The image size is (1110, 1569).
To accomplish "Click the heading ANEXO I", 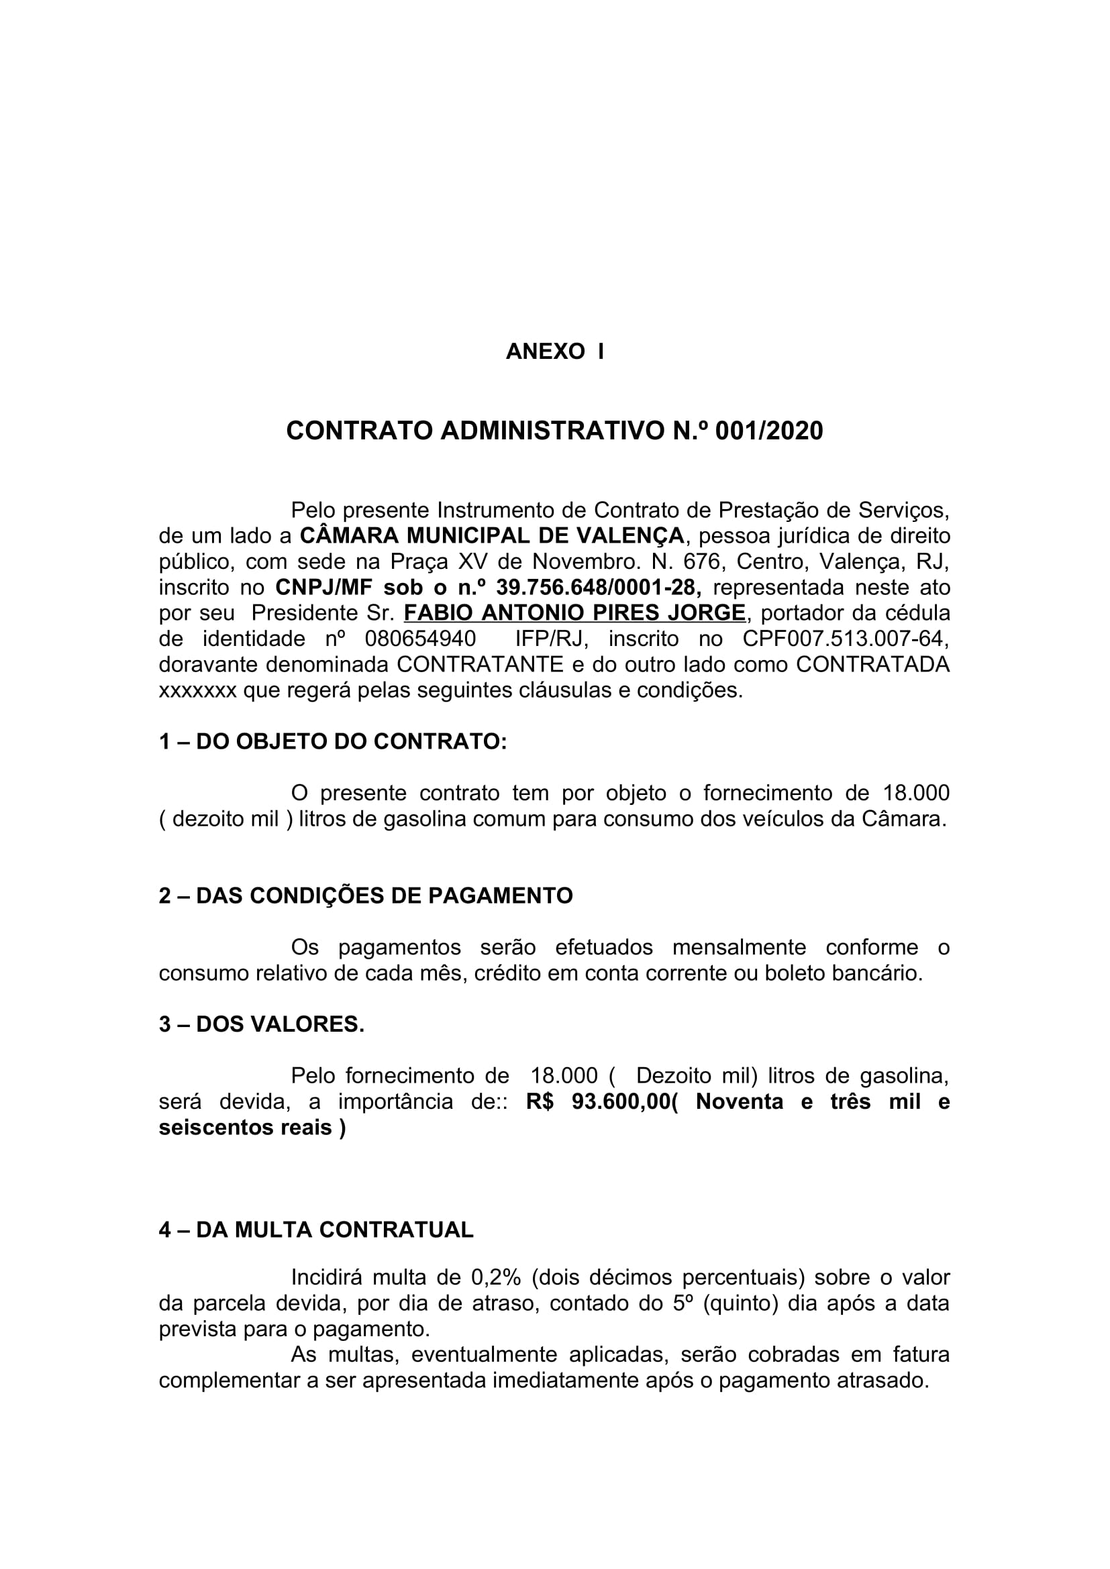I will [x=554, y=351].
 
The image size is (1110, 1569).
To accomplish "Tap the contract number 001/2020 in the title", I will [x=769, y=431].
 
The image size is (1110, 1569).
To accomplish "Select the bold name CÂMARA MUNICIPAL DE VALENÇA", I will [x=492, y=536].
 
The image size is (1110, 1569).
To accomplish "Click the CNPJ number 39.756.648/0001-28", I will [x=597, y=587].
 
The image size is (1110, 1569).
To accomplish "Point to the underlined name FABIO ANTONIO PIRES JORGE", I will [x=574, y=613].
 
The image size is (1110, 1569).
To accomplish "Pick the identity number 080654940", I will [x=420, y=639].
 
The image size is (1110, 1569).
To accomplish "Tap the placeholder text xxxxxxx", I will [x=197, y=691].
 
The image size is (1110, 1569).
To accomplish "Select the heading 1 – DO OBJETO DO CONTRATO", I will [x=333, y=742].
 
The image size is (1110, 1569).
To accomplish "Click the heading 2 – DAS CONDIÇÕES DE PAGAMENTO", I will [x=366, y=896].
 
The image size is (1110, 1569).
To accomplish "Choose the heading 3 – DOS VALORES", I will [x=262, y=1024].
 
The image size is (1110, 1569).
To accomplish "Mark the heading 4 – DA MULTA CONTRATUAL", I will [x=316, y=1230].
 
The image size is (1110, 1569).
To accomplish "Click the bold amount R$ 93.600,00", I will [x=599, y=1102].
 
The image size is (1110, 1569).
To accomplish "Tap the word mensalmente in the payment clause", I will [x=739, y=948].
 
